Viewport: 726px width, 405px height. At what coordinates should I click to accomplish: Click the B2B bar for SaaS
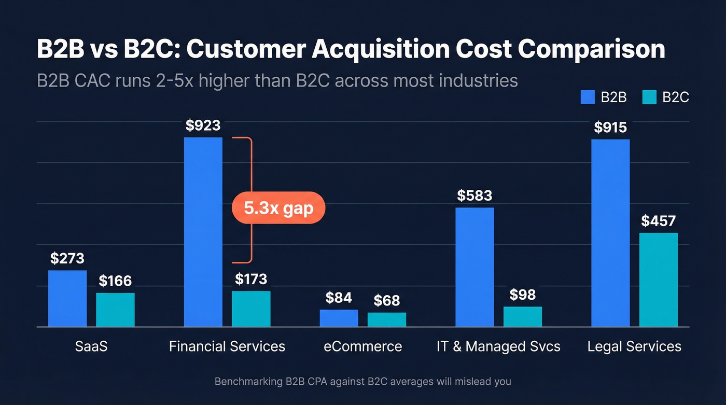coord(67,298)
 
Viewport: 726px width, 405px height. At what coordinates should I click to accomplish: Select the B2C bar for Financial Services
coord(251,309)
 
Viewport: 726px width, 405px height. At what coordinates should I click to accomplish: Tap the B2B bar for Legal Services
coord(610,233)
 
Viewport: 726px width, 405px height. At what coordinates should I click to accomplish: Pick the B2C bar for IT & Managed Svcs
coord(522,316)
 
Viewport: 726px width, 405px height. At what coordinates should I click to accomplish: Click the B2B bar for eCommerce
coord(339,318)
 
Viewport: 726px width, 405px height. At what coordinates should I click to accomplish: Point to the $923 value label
coord(203,125)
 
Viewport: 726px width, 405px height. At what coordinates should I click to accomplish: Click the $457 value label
coord(658,221)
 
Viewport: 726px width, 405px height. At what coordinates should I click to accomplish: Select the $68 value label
coord(386,301)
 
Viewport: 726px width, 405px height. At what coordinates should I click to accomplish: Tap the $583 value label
coord(474,195)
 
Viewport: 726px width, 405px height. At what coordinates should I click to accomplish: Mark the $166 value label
coord(115,281)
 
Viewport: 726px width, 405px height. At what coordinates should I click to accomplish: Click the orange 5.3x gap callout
coord(278,208)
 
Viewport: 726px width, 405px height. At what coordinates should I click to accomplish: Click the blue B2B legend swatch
coord(588,97)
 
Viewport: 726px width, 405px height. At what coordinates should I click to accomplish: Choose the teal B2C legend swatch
coord(649,97)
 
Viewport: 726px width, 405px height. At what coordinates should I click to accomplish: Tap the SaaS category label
coord(91,346)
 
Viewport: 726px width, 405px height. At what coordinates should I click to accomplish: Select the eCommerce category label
coord(363,346)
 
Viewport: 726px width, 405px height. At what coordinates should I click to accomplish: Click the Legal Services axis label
coord(634,346)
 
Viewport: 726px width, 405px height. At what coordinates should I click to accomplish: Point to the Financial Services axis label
coord(227,346)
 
